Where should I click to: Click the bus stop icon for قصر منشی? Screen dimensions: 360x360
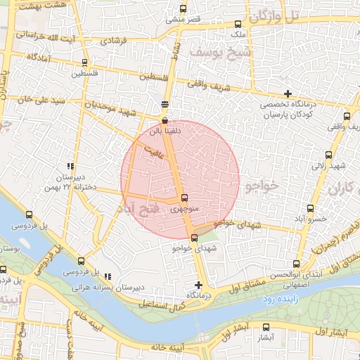tap(184, 9)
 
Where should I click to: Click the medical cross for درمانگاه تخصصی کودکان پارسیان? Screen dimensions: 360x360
tap(288, 94)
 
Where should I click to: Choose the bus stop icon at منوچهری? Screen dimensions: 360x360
tap(184, 198)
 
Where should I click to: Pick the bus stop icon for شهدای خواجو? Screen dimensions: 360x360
tap(195, 238)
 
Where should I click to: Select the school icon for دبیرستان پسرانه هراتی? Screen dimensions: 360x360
tap(108, 277)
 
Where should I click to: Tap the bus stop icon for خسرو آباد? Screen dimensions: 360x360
tap(311, 208)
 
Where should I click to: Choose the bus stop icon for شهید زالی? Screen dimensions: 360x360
tap(328, 155)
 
